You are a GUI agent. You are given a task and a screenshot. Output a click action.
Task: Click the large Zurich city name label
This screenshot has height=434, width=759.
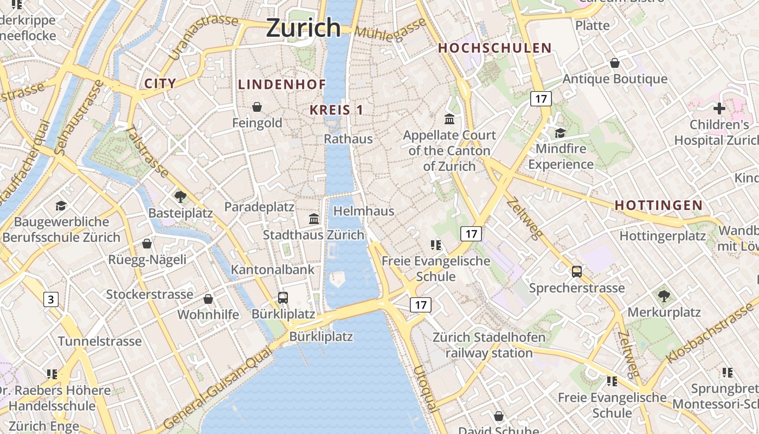pyautogui.click(x=303, y=28)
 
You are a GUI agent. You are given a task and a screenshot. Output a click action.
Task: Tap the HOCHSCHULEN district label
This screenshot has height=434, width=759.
pyautogui.click(x=494, y=48)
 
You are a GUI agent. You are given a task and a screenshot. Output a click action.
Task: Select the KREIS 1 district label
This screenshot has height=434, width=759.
pyautogui.click(x=336, y=110)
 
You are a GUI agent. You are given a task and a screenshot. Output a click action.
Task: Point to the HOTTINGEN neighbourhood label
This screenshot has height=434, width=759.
pyautogui.click(x=659, y=206)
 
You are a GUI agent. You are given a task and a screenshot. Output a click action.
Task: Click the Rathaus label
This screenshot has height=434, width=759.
pyautogui.click(x=349, y=139)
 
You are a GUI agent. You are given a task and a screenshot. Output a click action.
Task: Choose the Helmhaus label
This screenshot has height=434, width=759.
pyautogui.click(x=364, y=211)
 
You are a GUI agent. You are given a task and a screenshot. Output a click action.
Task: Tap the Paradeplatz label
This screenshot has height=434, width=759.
pyautogui.click(x=259, y=207)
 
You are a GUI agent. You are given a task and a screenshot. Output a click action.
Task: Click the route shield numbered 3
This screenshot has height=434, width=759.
pyautogui.click(x=51, y=299)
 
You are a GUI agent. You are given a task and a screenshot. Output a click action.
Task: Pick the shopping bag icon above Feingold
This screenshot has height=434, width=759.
pyautogui.click(x=257, y=107)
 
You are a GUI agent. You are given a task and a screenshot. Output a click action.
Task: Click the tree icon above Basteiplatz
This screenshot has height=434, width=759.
pyautogui.click(x=181, y=197)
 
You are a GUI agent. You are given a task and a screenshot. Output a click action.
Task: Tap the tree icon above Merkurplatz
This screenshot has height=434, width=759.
pyautogui.click(x=664, y=296)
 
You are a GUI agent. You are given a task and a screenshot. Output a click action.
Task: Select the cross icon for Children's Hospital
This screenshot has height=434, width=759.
pyautogui.click(x=719, y=108)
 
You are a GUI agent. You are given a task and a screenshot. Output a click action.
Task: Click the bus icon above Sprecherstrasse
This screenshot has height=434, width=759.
pyautogui.click(x=577, y=271)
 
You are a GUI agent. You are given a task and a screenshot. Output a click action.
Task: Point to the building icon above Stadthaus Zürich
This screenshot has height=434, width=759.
pyautogui.click(x=313, y=219)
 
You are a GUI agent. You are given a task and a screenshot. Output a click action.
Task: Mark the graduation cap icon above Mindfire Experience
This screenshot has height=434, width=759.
pyautogui.click(x=560, y=133)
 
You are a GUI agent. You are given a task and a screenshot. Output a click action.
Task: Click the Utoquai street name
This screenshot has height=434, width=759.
pyautogui.click(x=425, y=389)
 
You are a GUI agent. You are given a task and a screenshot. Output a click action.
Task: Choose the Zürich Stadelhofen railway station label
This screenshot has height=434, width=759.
pyautogui.click(x=489, y=345)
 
